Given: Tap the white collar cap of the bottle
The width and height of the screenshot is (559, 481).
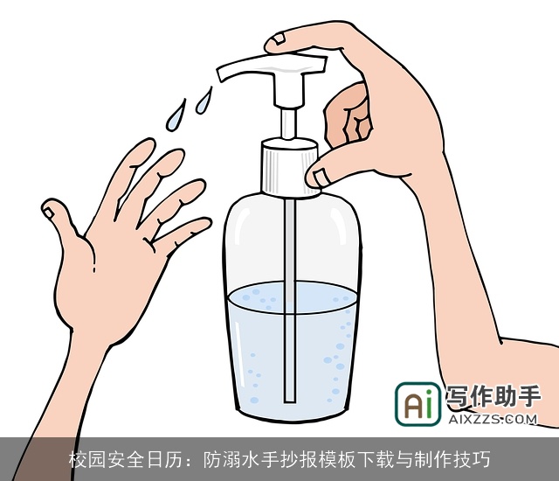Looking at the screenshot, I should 288,169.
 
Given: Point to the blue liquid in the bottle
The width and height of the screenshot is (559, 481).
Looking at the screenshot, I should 262,350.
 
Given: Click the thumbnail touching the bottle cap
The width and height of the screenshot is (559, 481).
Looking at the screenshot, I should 319,177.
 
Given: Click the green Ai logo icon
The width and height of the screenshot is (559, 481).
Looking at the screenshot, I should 418,405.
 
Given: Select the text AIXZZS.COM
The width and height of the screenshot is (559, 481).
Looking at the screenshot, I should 493,420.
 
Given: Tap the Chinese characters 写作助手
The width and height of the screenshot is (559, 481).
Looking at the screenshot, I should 493,398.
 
